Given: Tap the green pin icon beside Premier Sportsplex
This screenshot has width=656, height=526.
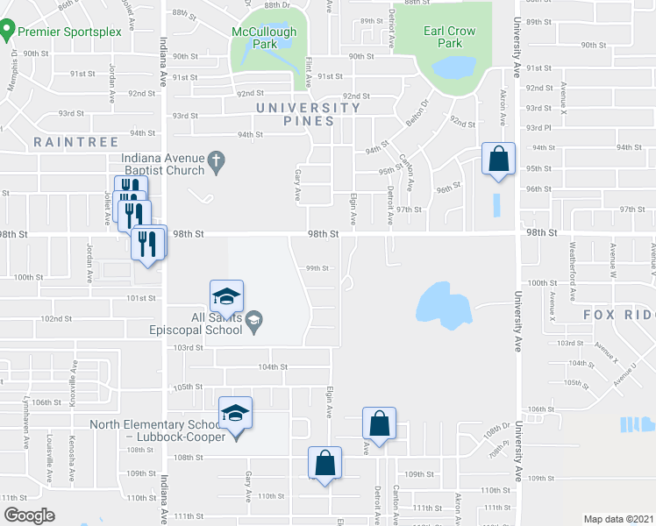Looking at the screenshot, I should tap(7, 33).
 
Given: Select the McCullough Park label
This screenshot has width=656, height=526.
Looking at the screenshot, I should tap(264, 38).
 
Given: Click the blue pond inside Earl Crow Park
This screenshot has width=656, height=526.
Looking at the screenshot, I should tap(450, 67).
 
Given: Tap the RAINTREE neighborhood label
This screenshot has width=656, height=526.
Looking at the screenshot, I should tap(65, 140).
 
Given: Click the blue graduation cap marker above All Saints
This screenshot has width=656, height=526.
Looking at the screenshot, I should tap(226, 295).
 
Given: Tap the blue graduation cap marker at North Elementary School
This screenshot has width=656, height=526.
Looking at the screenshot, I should tap(235, 412).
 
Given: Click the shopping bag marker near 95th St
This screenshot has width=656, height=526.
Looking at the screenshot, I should tap(498, 160).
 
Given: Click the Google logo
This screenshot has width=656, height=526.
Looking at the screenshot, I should tap(29, 515).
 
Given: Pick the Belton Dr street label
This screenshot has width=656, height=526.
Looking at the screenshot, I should tap(413, 118).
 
